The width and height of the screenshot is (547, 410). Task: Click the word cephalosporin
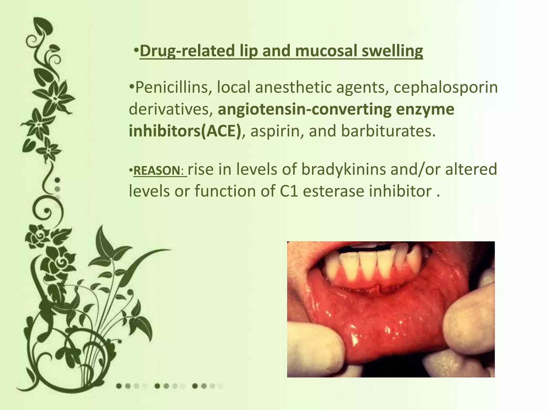(x=446, y=88)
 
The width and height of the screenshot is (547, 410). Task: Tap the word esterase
(x=334, y=191)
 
